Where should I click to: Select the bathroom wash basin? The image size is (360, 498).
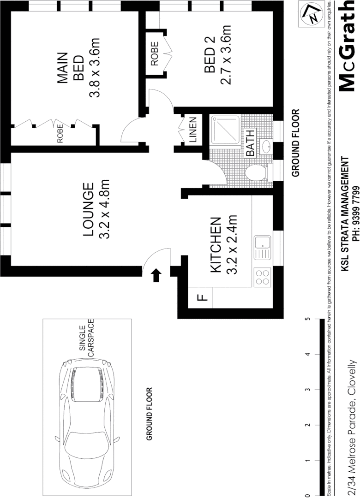pos(266,147)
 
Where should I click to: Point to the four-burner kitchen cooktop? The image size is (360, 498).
pos(262,278)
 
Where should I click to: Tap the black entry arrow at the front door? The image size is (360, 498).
pos(156,275)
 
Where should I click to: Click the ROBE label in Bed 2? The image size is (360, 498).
pos(154,53)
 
